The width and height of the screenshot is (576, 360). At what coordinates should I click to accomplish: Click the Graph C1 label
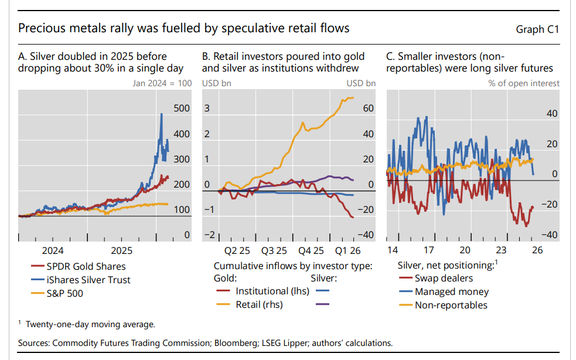pyautogui.click(x=537, y=29)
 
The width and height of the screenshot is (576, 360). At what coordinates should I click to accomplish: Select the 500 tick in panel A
pyautogui.click(x=182, y=108)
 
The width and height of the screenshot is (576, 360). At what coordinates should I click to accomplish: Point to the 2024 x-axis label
pyautogui.click(x=53, y=250)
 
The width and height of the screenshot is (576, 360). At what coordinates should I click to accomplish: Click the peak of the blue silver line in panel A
pyautogui.click(x=162, y=114)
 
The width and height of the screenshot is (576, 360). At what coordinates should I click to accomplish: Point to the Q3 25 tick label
pyautogui.click(x=274, y=250)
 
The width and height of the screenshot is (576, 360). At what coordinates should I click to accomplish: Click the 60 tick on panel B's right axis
pyautogui.click(x=368, y=108)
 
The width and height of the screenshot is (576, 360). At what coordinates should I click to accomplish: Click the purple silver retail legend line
pyautogui.click(x=322, y=304)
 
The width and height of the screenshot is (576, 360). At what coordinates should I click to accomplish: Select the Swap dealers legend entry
pyautogui.click(x=444, y=279)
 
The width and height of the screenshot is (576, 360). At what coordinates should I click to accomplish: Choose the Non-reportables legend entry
pyautogui.click(x=451, y=304)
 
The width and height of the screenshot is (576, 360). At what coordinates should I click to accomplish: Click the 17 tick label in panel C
pyautogui.click(x=430, y=250)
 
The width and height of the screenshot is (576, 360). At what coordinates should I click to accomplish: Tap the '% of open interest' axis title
pyautogui.click(x=524, y=83)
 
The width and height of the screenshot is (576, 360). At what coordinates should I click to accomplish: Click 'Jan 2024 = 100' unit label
pyautogui.click(x=162, y=83)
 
